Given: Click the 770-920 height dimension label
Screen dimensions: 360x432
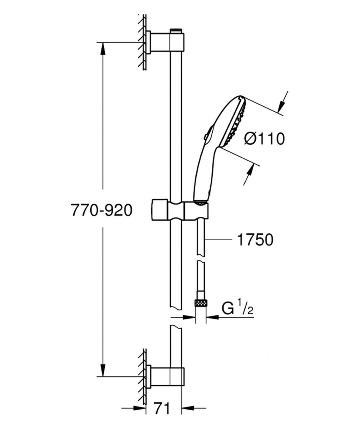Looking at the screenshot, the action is (x=102, y=211).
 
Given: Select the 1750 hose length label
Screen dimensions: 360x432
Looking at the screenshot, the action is (x=255, y=240).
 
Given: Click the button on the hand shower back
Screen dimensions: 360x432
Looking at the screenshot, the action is (x=206, y=136).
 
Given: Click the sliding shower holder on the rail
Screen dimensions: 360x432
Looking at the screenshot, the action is (x=179, y=211).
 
